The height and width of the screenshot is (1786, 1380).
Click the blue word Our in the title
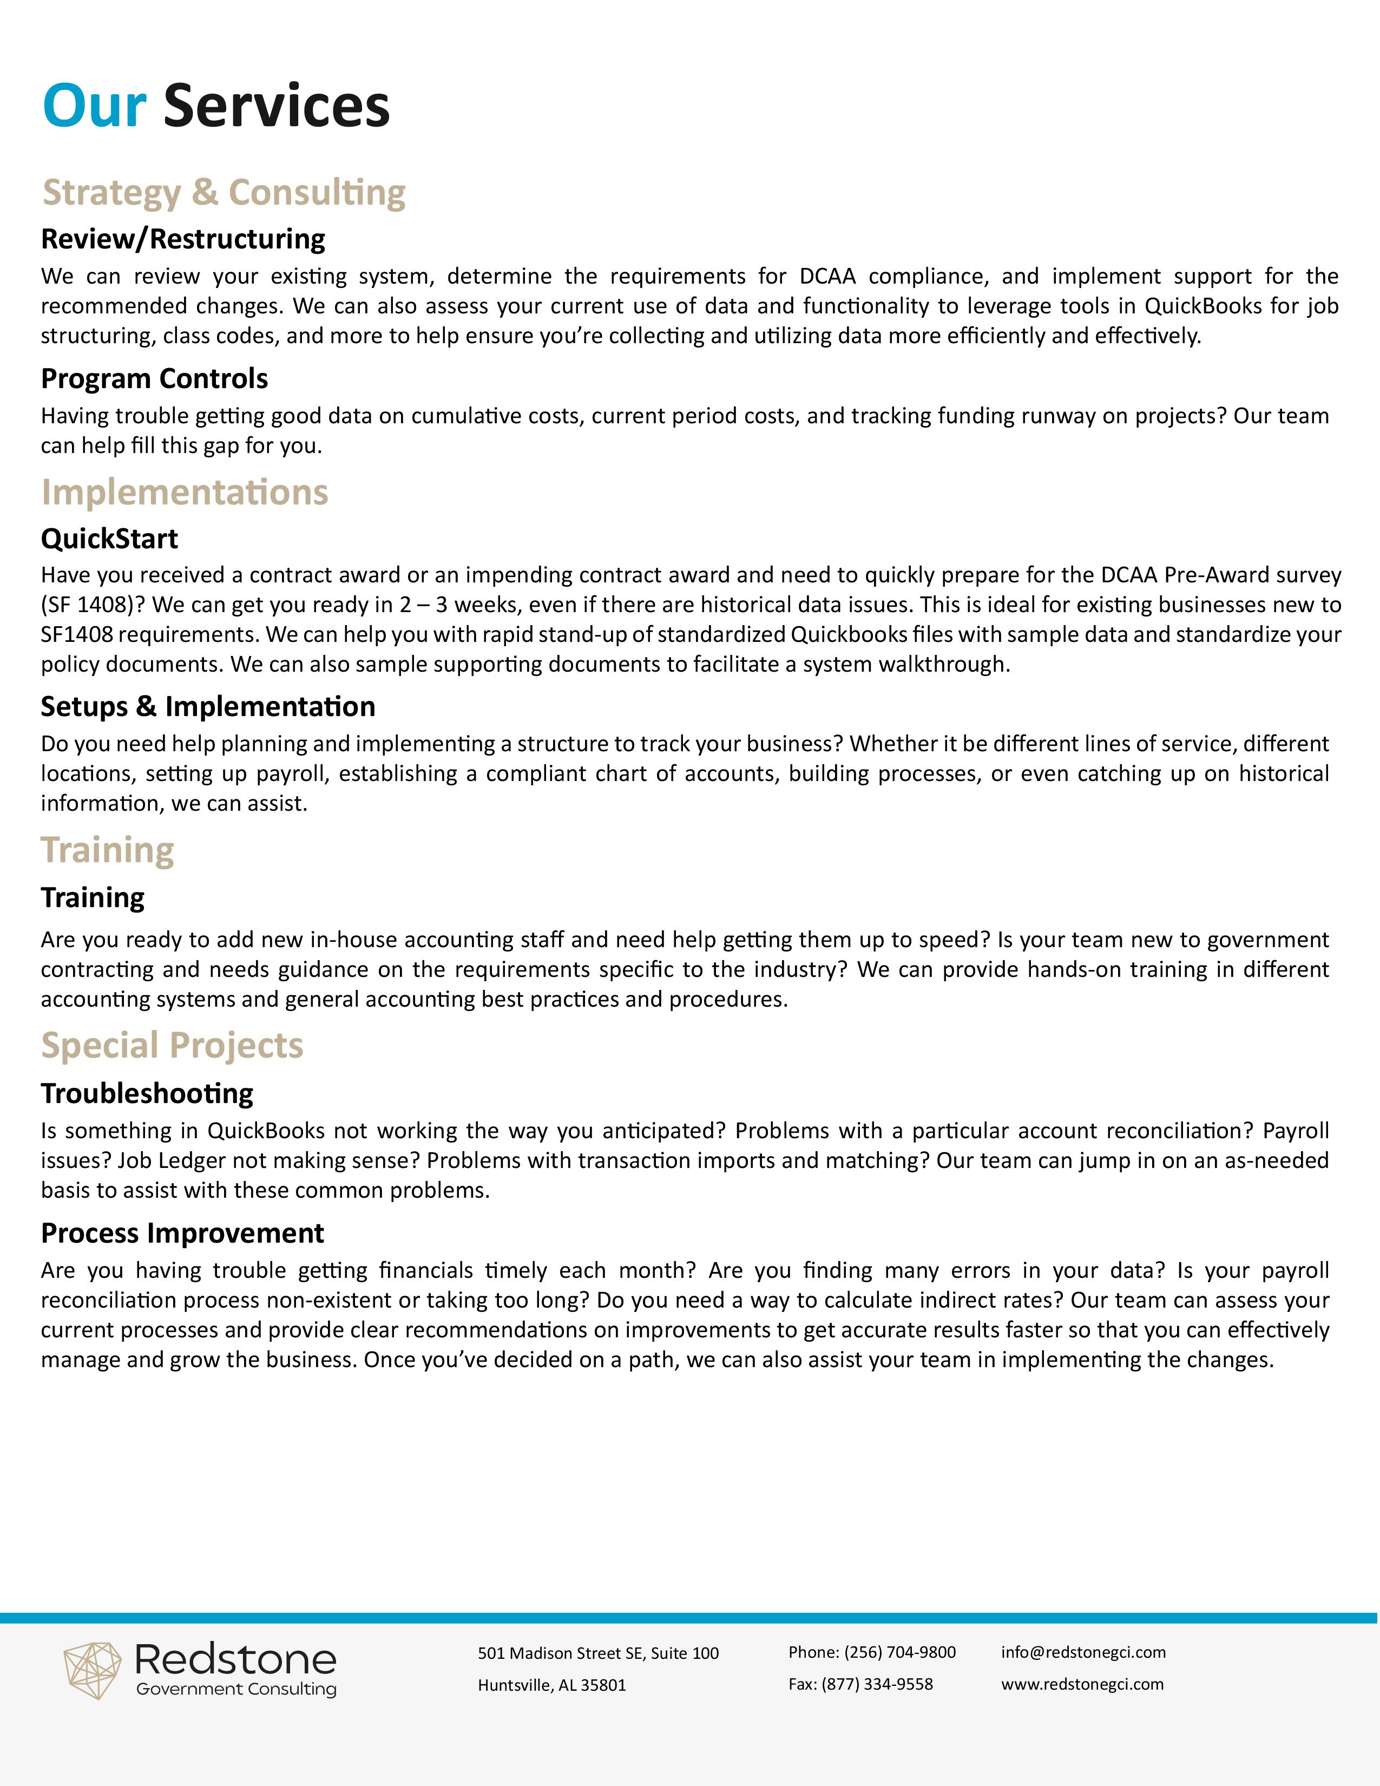(x=94, y=106)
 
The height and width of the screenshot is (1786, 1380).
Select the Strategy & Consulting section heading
(x=224, y=193)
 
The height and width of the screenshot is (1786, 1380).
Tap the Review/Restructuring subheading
(x=183, y=239)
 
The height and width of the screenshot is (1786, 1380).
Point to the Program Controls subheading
(x=155, y=379)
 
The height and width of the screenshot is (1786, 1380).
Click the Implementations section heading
(x=185, y=493)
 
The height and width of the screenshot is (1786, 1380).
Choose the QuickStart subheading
(x=109, y=539)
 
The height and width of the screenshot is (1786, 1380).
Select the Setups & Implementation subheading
(x=208, y=706)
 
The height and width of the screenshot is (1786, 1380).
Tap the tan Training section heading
(x=108, y=850)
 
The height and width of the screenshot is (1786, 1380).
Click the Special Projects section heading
(x=173, y=1045)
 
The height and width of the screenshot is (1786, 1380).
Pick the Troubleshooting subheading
(x=147, y=1093)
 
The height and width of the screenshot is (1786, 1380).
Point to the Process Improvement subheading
(x=182, y=1233)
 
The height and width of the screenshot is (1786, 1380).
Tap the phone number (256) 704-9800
(x=899, y=1652)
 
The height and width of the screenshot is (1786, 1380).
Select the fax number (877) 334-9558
(x=876, y=1684)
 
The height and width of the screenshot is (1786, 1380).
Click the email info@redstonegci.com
(x=1083, y=1652)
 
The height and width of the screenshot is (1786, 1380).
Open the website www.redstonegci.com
(x=1082, y=1684)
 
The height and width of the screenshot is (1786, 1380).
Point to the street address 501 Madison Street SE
(x=564, y=1653)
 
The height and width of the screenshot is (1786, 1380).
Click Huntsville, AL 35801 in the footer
(x=552, y=1685)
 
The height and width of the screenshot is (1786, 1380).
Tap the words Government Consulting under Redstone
(x=236, y=1690)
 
